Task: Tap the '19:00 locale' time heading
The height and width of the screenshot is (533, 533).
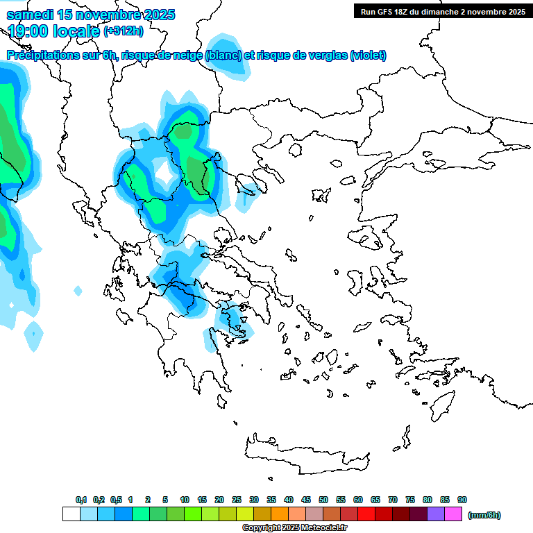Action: (54, 31)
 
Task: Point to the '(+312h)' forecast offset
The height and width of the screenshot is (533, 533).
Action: (124, 31)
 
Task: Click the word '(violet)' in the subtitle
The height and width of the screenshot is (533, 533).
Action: (368, 56)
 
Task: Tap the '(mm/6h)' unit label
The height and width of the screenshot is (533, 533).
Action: (484, 515)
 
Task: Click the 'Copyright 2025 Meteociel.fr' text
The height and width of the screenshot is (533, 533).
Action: (294, 527)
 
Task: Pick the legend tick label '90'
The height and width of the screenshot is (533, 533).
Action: (462, 500)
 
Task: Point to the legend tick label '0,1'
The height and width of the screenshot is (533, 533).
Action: (81, 500)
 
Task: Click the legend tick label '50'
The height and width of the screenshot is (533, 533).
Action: (323, 500)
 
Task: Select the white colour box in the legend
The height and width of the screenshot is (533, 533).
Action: (71, 514)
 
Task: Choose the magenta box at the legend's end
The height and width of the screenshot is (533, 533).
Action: (453, 514)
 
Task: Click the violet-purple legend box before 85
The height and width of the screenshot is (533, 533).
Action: (436, 514)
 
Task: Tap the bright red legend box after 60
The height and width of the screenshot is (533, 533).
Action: (366, 514)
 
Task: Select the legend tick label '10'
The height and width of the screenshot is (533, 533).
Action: (185, 500)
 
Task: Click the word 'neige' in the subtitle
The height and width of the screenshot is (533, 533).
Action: (189, 56)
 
